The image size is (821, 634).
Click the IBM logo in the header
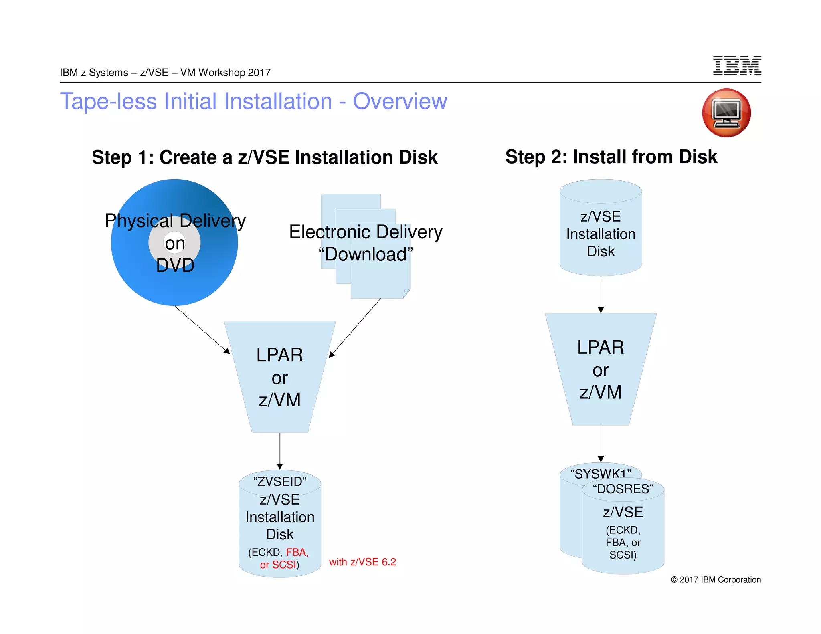tap(737, 66)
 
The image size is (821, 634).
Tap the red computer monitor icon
tap(726, 113)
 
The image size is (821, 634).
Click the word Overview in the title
tap(400, 101)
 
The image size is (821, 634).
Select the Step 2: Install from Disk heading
tap(611, 157)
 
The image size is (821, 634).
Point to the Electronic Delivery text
tap(365, 232)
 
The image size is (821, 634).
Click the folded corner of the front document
tap(406, 294)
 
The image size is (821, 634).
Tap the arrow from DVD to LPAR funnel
tap(202, 329)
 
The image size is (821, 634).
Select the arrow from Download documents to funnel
tap(355, 327)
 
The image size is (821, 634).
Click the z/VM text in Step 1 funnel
tap(279, 400)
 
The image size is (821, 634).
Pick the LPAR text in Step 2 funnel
tap(601, 347)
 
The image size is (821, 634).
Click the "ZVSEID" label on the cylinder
tap(280, 481)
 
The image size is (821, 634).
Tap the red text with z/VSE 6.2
tap(362, 562)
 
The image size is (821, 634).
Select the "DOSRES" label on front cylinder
tap(623, 489)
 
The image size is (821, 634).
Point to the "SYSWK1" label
tap(600, 473)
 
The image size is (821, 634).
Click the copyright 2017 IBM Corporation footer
tap(716, 579)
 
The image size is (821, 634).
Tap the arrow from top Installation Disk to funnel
tap(601, 294)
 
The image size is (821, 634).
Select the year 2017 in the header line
tap(259, 73)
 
